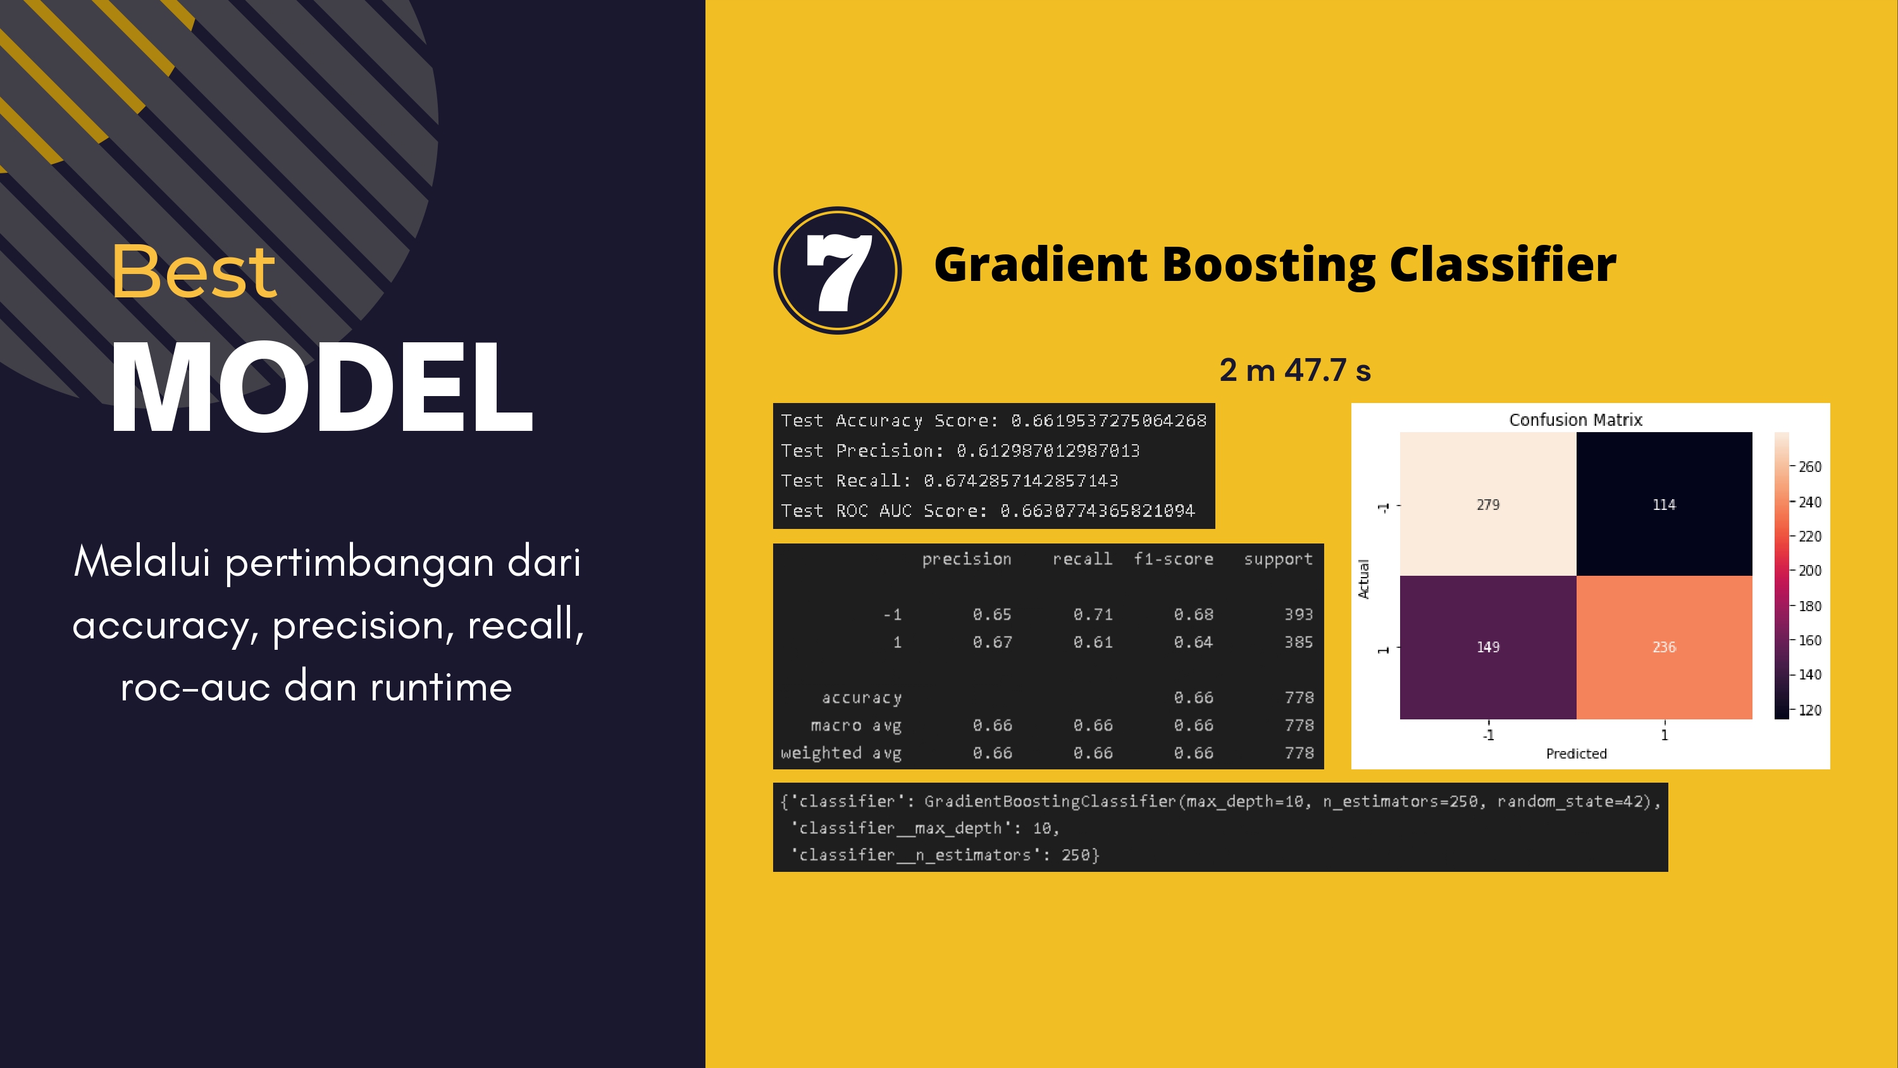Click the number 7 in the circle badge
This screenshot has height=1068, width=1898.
839,272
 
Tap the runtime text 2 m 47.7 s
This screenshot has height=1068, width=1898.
1294,370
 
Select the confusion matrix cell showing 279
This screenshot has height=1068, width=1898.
1487,504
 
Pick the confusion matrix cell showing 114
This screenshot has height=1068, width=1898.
1664,504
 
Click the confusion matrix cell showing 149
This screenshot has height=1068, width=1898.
1487,647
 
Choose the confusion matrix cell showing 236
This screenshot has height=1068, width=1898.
1664,647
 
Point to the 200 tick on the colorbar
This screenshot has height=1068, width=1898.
1809,571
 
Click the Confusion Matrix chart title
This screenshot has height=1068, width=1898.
1575,419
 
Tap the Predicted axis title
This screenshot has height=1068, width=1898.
1576,754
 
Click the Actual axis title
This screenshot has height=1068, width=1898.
1363,578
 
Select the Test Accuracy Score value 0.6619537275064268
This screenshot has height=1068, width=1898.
1108,421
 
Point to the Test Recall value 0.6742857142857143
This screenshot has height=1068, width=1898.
1020,481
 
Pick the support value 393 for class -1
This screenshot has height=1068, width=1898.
1298,614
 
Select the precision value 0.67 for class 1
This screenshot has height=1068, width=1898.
992,642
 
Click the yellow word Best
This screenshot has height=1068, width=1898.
194,272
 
